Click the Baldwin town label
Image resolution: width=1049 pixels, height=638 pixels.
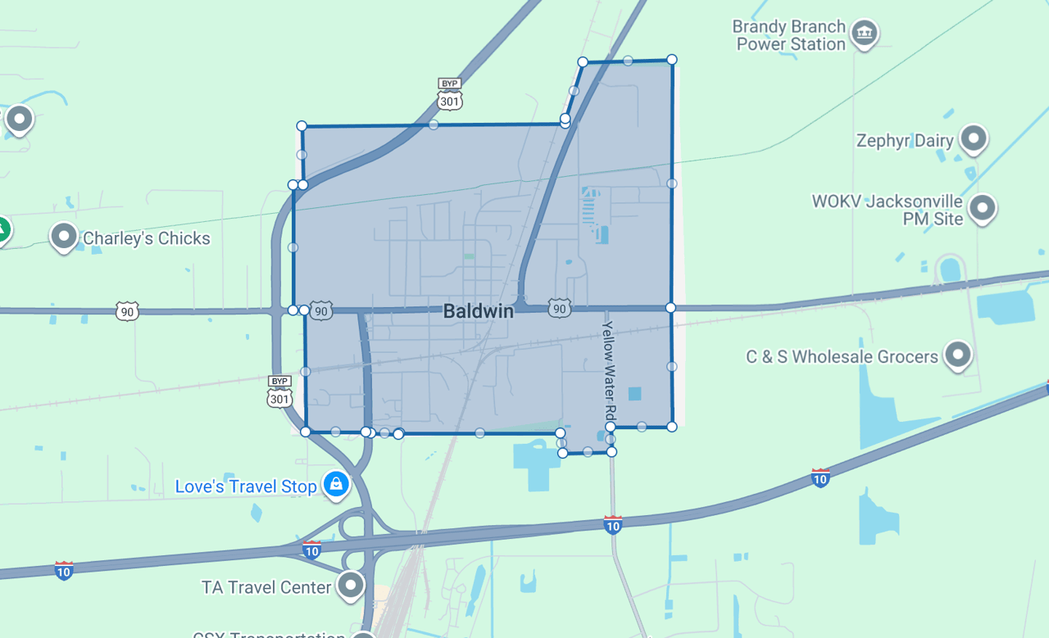pyautogui.click(x=479, y=311)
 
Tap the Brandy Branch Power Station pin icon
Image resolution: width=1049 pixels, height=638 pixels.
pyautogui.click(x=864, y=34)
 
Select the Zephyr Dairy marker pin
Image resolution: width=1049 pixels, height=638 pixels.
pyautogui.click(x=974, y=138)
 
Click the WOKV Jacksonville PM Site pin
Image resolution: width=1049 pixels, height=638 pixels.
pyautogui.click(x=982, y=208)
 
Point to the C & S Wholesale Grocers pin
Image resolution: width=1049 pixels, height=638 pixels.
pyautogui.click(x=957, y=355)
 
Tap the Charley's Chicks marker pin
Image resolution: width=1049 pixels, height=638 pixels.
pyautogui.click(x=64, y=237)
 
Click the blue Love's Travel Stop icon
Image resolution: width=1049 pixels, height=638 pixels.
pyautogui.click(x=336, y=484)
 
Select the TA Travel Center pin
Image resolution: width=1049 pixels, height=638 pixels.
pyautogui.click(x=352, y=585)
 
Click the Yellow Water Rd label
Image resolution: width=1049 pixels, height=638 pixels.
pyautogui.click(x=608, y=370)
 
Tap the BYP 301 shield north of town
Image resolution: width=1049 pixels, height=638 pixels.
pyautogui.click(x=449, y=95)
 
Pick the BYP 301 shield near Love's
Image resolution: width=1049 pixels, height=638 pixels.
pyautogui.click(x=279, y=392)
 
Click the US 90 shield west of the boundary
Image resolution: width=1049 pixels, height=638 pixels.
pyautogui.click(x=127, y=311)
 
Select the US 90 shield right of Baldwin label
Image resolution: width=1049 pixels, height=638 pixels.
pyautogui.click(x=560, y=309)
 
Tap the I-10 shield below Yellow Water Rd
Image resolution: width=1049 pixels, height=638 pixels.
pyautogui.click(x=612, y=524)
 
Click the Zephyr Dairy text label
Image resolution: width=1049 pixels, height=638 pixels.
pyautogui.click(x=905, y=141)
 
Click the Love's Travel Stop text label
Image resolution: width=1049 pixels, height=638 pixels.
pyautogui.click(x=246, y=486)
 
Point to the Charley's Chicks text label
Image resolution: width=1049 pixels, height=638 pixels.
pyautogui.click(x=147, y=238)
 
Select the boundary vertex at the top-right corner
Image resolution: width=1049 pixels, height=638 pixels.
pyautogui.click(x=672, y=59)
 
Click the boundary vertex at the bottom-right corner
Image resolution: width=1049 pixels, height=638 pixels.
pyautogui.click(x=672, y=427)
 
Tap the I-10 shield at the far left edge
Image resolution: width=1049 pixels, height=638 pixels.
pyautogui.click(x=64, y=570)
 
